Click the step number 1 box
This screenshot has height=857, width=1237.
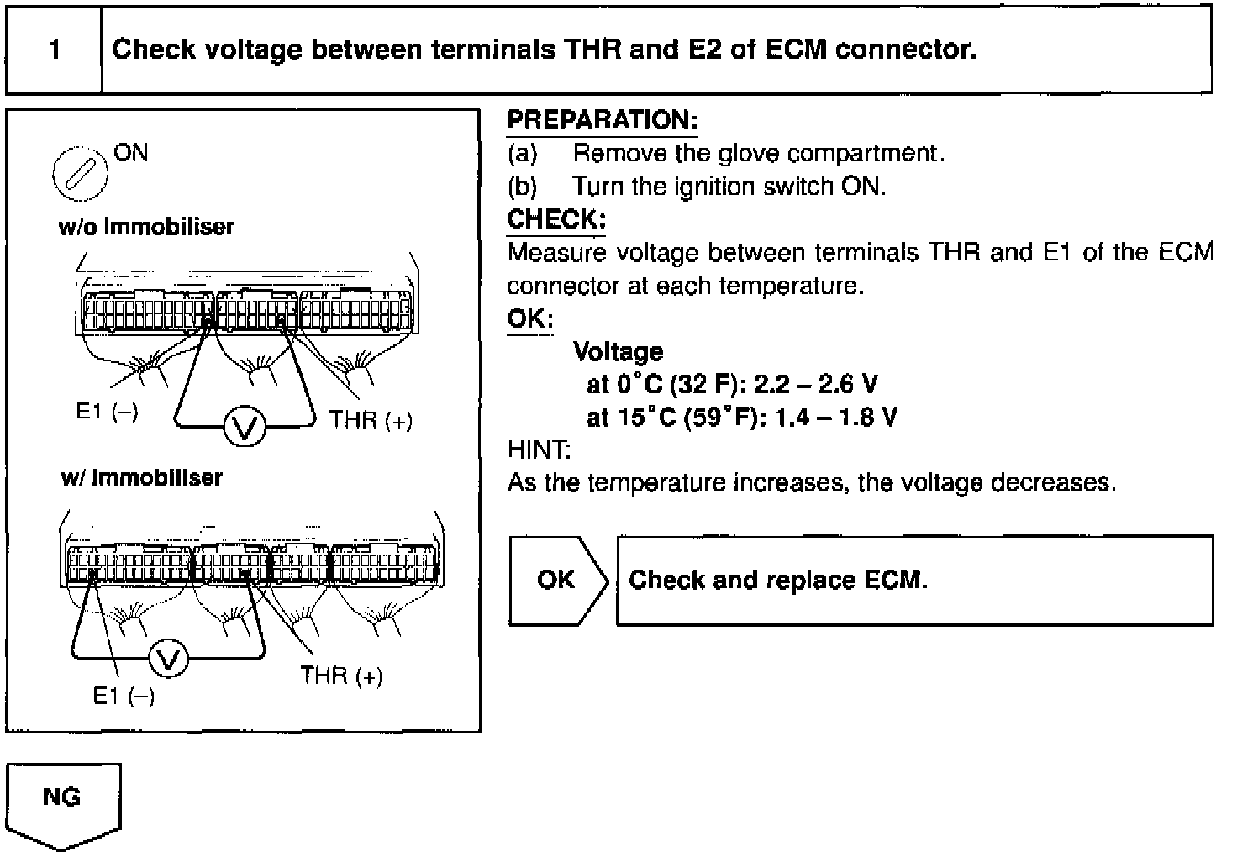pos(54,50)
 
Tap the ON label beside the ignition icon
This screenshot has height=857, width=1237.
pos(130,153)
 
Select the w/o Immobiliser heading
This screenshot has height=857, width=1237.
pos(146,227)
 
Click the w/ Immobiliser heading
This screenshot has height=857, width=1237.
pos(142,478)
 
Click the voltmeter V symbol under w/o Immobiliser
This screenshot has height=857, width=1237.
pos(245,428)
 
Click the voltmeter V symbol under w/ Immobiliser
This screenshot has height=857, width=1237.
pos(169,662)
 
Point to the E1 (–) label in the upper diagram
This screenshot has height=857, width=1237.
pos(107,412)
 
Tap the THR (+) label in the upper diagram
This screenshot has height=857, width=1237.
pos(371,420)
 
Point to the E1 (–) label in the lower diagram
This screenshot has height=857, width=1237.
pos(124,696)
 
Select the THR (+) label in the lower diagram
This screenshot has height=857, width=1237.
pos(341,676)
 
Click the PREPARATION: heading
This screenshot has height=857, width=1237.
pos(602,120)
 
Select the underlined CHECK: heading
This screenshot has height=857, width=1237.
pos(555,220)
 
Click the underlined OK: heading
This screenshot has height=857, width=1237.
pos(529,319)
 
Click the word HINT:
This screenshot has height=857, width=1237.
pos(539,450)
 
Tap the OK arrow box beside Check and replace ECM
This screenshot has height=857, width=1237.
pos(556,580)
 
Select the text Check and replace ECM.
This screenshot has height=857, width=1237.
pos(778,580)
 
